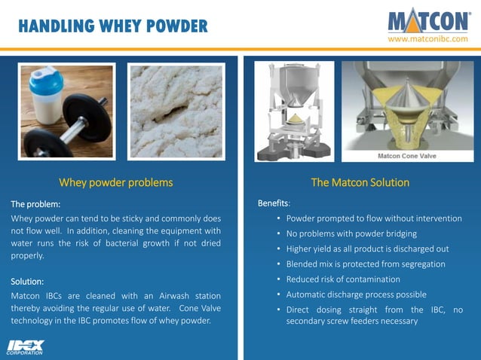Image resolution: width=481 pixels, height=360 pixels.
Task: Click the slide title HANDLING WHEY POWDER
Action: [x=112, y=27]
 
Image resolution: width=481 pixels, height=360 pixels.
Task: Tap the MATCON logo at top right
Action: [x=428, y=20]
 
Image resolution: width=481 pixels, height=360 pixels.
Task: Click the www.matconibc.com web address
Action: [x=427, y=39]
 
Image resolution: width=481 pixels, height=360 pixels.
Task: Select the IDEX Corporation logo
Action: [x=25, y=346]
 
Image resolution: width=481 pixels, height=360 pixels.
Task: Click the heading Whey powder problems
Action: [x=116, y=182]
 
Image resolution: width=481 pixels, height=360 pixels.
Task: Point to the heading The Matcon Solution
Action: [x=360, y=182]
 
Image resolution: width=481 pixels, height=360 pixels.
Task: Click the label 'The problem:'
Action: [x=35, y=204]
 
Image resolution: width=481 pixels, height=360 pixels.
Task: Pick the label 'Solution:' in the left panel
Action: [x=27, y=281]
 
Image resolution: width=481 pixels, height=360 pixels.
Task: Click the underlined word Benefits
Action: [x=272, y=203]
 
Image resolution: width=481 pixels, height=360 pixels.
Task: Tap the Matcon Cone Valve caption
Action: [x=408, y=156]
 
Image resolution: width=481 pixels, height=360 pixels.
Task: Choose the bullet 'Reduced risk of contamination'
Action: [x=343, y=279]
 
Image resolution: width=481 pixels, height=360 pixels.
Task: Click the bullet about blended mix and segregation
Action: [x=366, y=264]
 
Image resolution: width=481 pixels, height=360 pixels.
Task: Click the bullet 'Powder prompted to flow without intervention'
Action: [x=374, y=218]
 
